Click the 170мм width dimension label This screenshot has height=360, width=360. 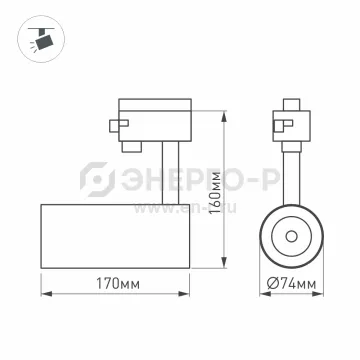pyautogui.click(x=118, y=284)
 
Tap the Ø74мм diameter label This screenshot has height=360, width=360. pyautogui.click(x=291, y=284)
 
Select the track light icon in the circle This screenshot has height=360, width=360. pyautogui.click(x=41, y=39)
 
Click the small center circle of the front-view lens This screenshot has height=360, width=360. pyautogui.click(x=291, y=236)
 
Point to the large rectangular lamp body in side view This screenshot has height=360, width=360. pyautogui.click(x=115, y=236)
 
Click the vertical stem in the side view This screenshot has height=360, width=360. pyautogui.click(x=170, y=173)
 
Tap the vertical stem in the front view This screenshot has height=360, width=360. pyautogui.click(x=291, y=178)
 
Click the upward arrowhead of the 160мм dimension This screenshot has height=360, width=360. pyautogui.click(x=225, y=117)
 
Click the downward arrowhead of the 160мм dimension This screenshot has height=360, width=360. pyautogui.click(x=225, y=262)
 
